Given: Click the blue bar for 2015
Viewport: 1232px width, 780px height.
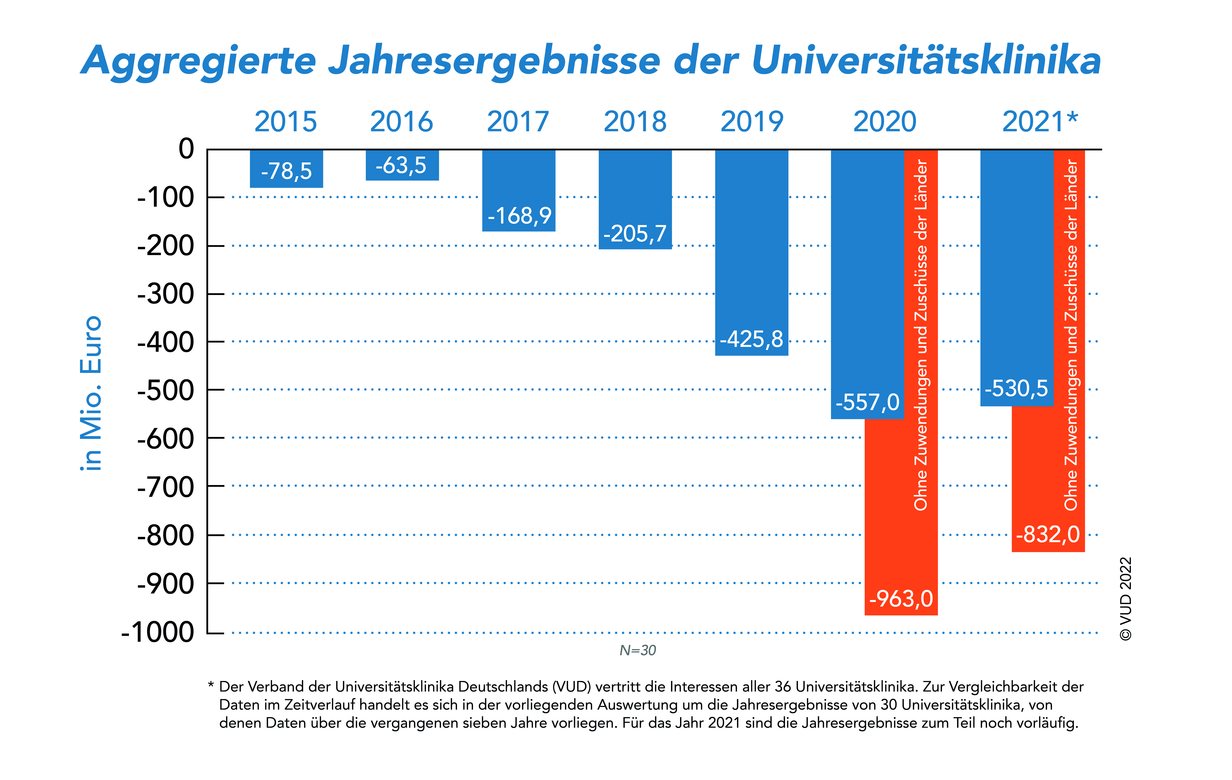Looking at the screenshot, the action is [287, 169].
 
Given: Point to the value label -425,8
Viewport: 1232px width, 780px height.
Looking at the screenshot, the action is [751, 339].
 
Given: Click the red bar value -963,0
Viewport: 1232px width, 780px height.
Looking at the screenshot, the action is [901, 598].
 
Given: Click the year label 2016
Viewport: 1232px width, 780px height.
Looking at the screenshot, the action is [402, 122].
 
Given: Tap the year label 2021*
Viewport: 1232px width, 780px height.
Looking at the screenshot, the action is [1040, 122].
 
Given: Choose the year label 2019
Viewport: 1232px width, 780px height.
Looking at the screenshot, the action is [752, 122].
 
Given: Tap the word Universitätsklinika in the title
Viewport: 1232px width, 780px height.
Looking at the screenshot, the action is [926, 60].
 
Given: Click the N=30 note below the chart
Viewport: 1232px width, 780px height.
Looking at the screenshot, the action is [637, 650].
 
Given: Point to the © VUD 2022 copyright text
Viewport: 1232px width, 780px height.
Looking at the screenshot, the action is [1126, 598].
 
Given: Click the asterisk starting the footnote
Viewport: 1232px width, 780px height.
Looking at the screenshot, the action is [211, 684].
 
